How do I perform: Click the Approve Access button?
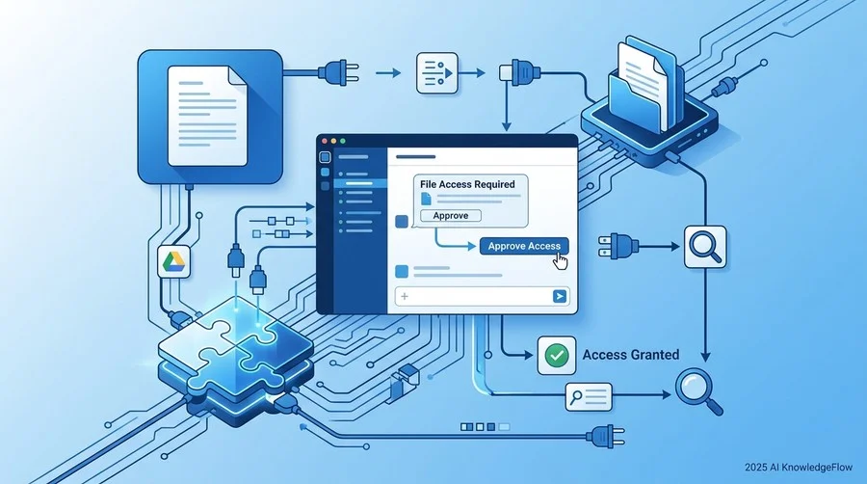[524, 246]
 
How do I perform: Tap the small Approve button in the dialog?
[451, 216]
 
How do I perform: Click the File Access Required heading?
[467, 184]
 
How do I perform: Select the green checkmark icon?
[556, 355]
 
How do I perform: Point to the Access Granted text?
[631, 355]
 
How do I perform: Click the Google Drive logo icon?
[173, 261]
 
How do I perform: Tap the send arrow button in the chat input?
[560, 297]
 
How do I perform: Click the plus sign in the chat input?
[405, 297]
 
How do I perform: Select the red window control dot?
[325, 141]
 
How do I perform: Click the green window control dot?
[342, 141]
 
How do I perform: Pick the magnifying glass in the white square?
[705, 247]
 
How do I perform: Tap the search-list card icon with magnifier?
[589, 396]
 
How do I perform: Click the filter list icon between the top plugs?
[436, 73]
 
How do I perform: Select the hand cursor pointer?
[561, 261]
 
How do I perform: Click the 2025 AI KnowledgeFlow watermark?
[799, 468]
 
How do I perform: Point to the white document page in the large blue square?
[207, 116]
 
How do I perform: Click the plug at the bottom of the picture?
[606, 437]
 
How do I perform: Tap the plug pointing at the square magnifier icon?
[618, 246]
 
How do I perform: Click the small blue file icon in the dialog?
[426, 199]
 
